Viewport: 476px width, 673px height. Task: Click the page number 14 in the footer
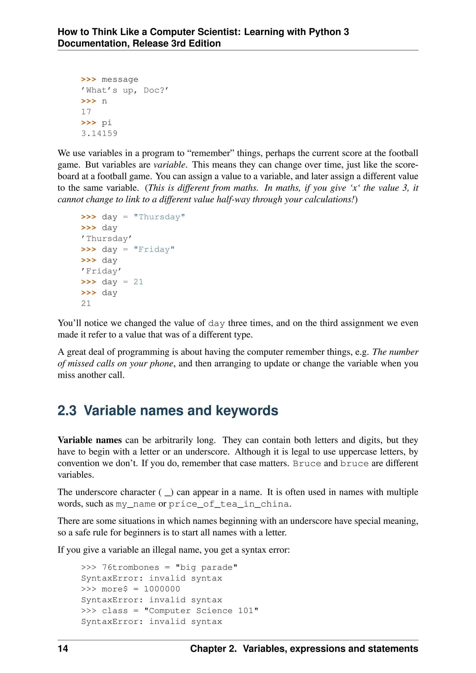63,648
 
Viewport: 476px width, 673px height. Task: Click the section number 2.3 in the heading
67,410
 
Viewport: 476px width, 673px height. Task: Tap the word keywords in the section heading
247,410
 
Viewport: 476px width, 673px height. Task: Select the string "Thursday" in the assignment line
159,217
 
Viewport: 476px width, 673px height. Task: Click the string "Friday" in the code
154,249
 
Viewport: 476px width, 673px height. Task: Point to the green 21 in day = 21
138,282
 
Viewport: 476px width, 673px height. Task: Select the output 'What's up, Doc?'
125,90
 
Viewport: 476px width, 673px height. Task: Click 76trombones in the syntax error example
130,567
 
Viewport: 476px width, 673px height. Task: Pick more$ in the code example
115,589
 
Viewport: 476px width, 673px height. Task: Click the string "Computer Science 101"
201,610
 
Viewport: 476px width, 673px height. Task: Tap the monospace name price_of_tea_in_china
229,504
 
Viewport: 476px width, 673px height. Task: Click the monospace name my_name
136,504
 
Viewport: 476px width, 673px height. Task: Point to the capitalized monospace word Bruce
307,463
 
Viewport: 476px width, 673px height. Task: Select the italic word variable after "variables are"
169,165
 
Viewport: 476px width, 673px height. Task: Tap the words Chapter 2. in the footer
213,648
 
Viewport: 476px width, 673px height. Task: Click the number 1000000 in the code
162,589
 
